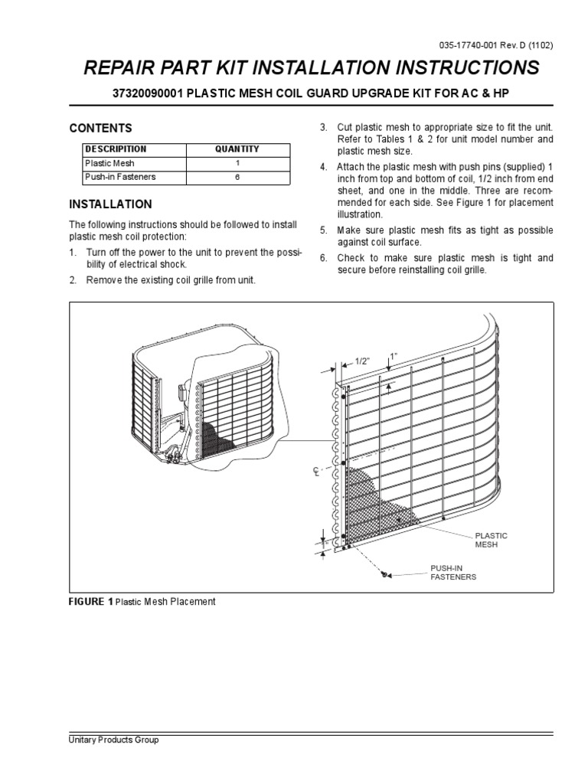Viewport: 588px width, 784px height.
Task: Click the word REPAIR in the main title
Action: pos(125,69)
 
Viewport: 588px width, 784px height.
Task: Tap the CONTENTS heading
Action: pos(101,129)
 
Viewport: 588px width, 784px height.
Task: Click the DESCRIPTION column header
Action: pos(116,149)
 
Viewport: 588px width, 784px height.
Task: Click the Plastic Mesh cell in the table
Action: pos(105,163)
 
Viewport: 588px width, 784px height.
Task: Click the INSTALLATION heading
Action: pos(111,204)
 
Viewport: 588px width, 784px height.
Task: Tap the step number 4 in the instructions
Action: pos(324,167)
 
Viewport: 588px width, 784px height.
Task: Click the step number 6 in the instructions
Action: pos(324,258)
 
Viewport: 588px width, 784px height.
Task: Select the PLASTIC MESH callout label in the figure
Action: pos(492,541)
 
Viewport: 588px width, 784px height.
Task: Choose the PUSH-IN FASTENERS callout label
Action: pos(452,572)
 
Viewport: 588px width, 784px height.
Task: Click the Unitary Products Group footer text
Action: pos(114,741)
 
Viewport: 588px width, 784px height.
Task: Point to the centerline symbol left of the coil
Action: pos(315,473)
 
